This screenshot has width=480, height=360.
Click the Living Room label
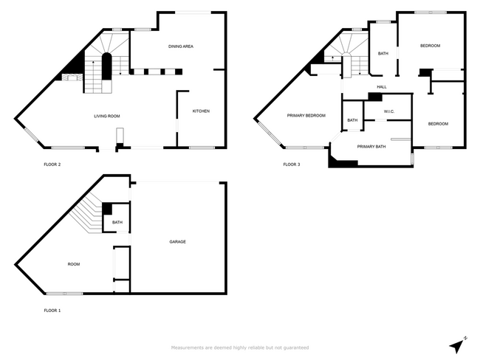(106, 116)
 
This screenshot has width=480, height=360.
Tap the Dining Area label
(181, 46)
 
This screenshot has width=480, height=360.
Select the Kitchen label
(201, 111)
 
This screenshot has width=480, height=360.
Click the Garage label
(177, 241)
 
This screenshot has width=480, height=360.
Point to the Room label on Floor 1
(74, 263)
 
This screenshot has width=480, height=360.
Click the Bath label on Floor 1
(117, 222)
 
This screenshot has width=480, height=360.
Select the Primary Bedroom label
(306, 116)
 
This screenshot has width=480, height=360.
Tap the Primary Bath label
(371, 146)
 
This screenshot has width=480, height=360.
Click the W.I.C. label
(390, 112)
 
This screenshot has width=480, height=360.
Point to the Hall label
(382, 87)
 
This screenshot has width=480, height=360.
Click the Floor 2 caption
(52, 165)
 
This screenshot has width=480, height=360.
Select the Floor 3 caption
(292, 165)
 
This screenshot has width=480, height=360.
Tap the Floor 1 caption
(52, 311)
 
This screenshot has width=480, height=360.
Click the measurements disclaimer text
(240, 347)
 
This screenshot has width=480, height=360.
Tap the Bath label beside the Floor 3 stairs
(383, 53)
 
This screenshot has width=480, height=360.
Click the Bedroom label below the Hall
(439, 123)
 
